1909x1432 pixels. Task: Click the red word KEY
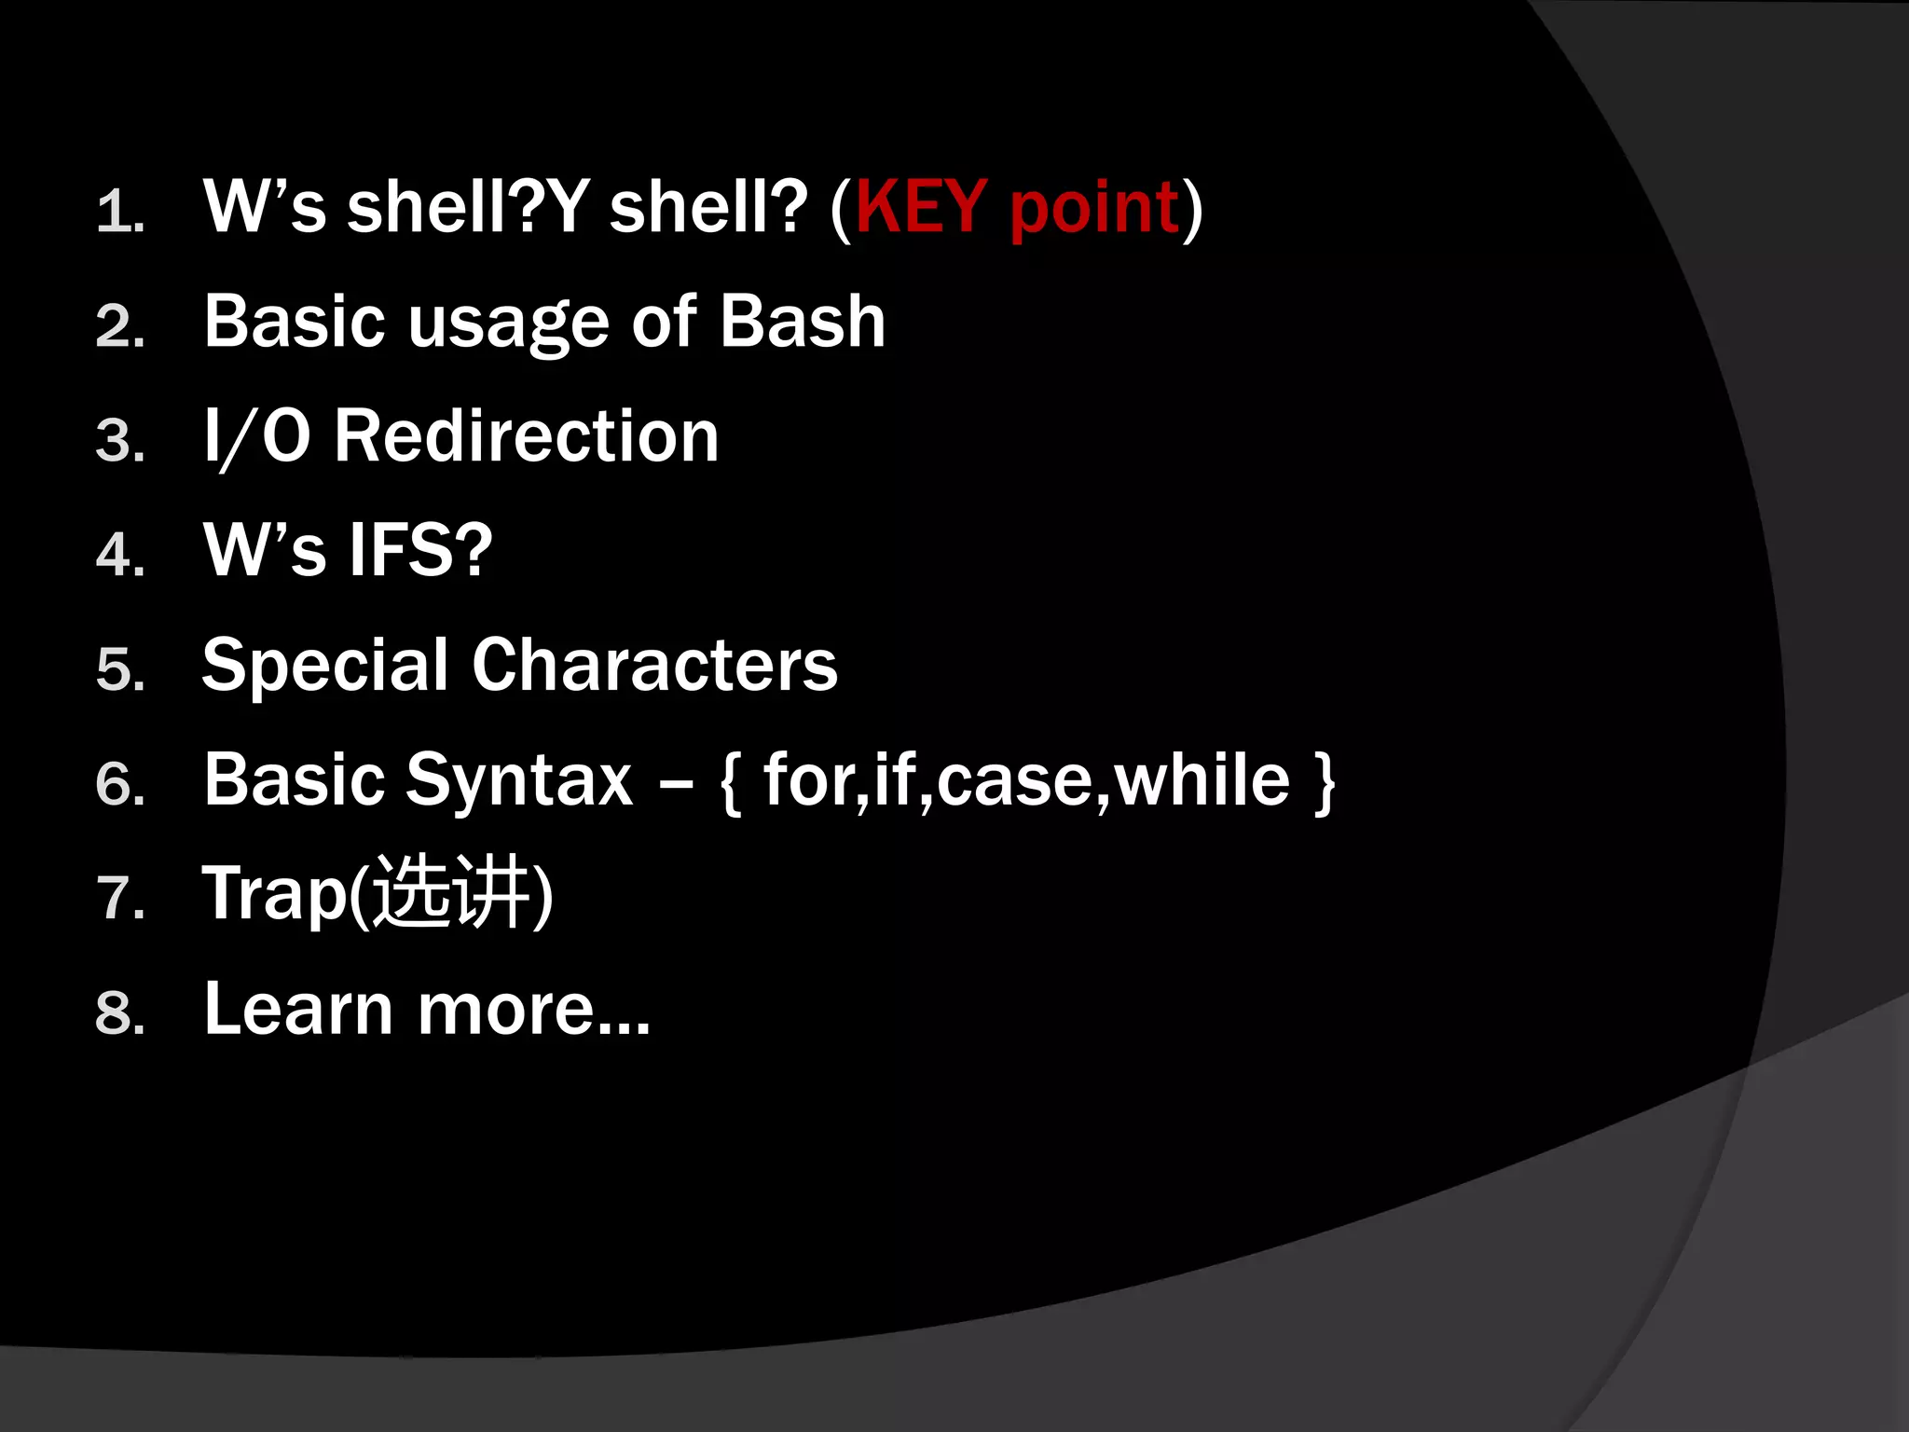click(921, 207)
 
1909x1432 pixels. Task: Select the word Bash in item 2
click(802, 322)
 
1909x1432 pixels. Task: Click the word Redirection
click(527, 436)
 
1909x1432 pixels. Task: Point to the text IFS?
click(420, 551)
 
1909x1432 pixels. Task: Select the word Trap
click(274, 895)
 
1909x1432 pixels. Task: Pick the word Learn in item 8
click(298, 1009)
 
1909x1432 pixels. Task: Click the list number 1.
click(119, 213)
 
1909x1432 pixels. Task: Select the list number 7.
click(119, 900)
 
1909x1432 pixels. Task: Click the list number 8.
click(119, 1014)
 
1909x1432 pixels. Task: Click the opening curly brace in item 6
click(731, 783)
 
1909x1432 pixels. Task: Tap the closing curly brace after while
click(1325, 783)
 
